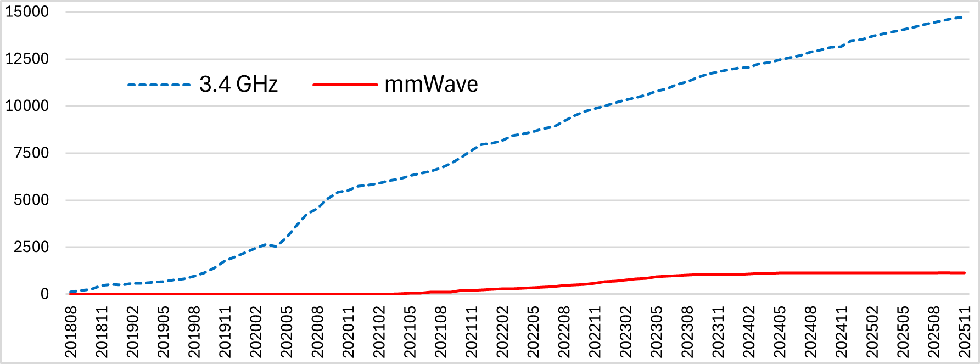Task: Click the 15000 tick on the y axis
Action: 27,12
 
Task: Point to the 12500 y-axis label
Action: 27,59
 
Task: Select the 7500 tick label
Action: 31,153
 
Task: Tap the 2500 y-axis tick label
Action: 31,247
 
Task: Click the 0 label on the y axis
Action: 44,294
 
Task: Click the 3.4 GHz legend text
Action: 238,85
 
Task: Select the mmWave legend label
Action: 431,85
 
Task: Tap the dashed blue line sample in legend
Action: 159,85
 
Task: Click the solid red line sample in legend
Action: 345,85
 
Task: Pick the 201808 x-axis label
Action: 71,332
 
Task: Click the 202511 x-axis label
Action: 965,332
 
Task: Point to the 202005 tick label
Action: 287,332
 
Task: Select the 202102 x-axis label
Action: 379,332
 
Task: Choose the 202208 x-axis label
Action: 564,332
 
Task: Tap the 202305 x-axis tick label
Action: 657,332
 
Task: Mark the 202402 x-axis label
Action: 749,332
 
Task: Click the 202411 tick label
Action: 842,332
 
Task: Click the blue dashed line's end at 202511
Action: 961,18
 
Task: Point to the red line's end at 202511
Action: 964,273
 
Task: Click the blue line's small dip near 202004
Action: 276,247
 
